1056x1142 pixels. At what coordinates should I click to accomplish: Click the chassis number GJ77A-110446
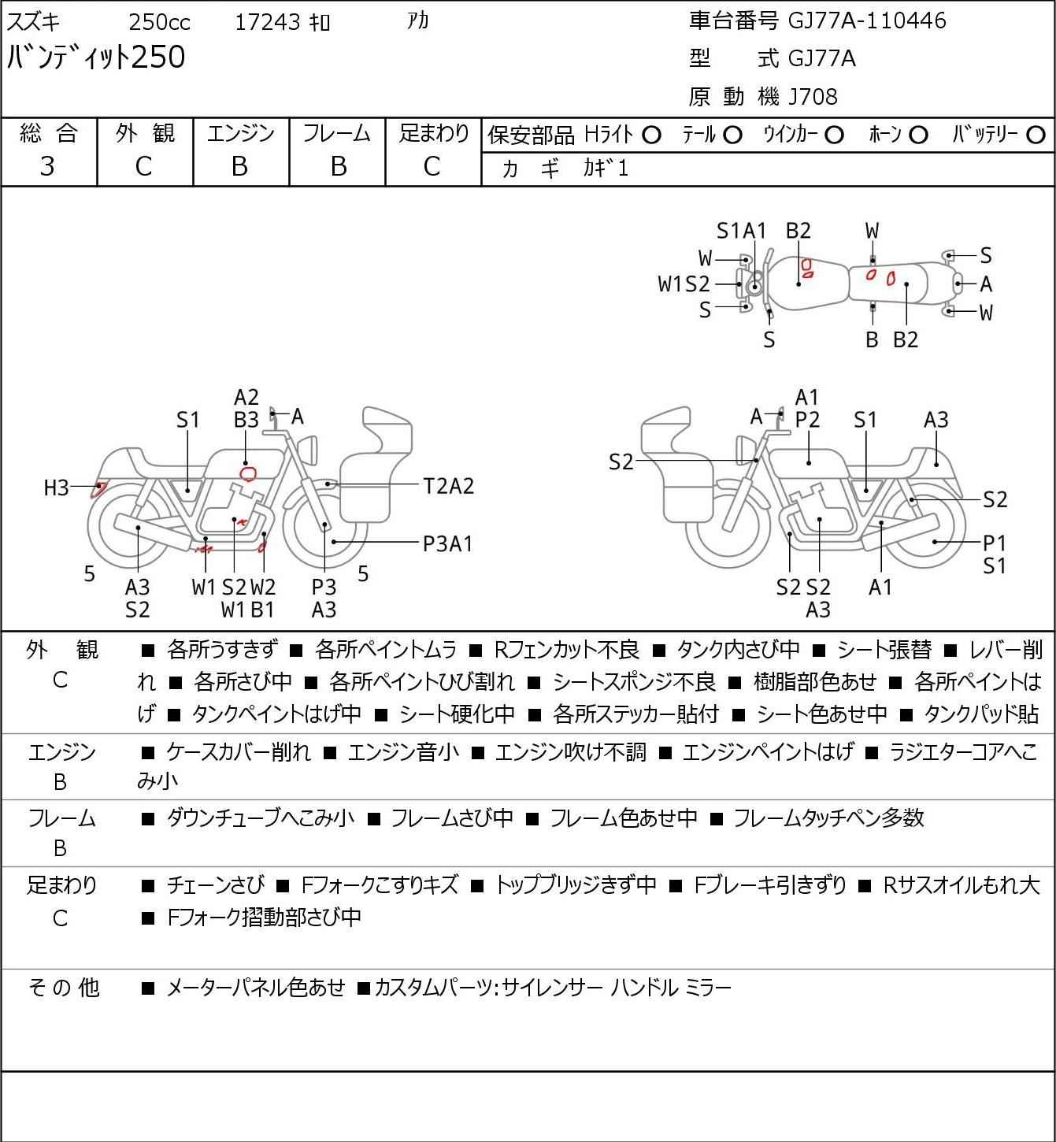point(867,21)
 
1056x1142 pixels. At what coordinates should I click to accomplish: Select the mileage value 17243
point(268,22)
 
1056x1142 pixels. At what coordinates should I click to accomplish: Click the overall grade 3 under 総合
point(47,167)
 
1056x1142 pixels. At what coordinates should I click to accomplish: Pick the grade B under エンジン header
point(239,167)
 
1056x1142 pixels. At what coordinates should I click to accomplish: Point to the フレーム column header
point(336,133)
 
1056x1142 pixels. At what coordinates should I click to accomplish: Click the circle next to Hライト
point(651,135)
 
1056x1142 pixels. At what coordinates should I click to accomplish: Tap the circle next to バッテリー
point(1036,135)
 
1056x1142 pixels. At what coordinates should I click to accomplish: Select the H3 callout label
point(57,488)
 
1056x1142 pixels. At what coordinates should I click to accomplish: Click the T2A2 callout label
point(449,487)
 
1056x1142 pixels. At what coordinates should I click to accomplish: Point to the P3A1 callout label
point(447,543)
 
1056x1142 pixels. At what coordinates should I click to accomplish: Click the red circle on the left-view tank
point(249,474)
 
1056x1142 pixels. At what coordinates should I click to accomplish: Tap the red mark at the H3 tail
point(98,489)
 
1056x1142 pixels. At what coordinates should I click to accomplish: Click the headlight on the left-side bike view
point(307,450)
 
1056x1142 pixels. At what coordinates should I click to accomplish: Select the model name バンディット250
point(96,57)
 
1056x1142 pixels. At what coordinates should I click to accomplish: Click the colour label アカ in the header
point(418,21)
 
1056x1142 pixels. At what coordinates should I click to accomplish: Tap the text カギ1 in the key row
point(606,169)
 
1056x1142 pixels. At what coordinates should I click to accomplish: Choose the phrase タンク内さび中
point(738,650)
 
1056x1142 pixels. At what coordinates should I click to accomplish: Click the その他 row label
point(65,988)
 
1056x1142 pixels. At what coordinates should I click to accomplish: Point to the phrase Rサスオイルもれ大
point(962,885)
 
